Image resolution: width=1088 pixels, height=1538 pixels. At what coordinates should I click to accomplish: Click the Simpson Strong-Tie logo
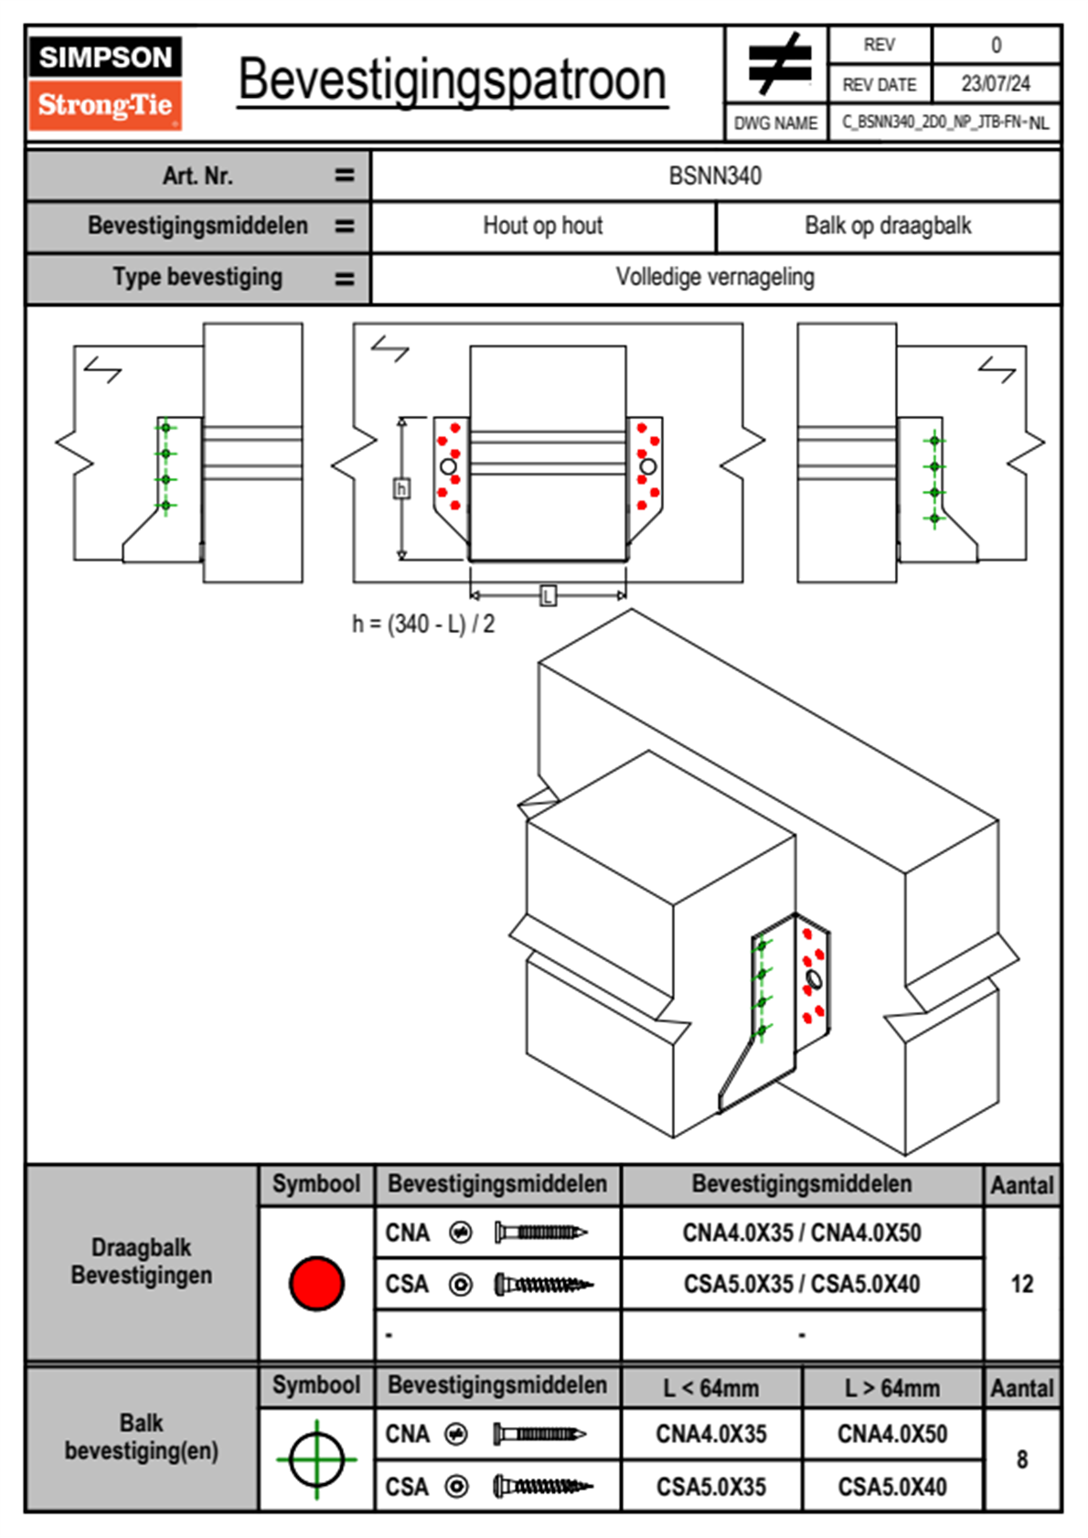pyautogui.click(x=105, y=83)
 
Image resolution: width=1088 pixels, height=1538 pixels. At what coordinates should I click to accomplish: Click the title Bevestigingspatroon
pyautogui.click(x=452, y=80)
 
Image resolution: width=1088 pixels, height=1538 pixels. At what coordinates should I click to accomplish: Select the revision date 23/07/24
pyautogui.click(x=995, y=84)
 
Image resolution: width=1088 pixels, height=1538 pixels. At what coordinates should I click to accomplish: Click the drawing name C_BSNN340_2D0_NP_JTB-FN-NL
pyautogui.click(x=944, y=123)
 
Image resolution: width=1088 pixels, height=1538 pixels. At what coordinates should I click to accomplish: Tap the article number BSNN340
pyautogui.click(x=715, y=176)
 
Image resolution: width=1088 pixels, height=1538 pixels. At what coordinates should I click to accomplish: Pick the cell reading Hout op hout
pyautogui.click(x=543, y=226)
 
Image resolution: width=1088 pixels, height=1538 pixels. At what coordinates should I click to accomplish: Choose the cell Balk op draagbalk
pyautogui.click(x=888, y=226)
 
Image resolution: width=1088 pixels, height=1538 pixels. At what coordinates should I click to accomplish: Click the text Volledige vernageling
pyautogui.click(x=715, y=277)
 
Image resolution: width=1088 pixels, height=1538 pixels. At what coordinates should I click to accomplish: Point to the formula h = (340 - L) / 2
pyautogui.click(x=423, y=624)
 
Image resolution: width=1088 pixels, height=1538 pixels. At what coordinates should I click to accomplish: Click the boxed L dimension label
pyautogui.click(x=548, y=596)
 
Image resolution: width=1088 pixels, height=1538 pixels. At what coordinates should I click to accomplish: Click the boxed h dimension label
pyautogui.click(x=401, y=488)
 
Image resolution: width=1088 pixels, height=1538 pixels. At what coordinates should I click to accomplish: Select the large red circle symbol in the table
pyautogui.click(x=316, y=1283)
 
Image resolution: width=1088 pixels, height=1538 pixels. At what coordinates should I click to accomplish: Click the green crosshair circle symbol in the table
pyautogui.click(x=316, y=1459)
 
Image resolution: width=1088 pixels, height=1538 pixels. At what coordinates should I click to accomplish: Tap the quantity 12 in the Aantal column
pyautogui.click(x=1022, y=1284)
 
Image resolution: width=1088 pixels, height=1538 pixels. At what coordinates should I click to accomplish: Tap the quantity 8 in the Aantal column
pyautogui.click(x=1022, y=1459)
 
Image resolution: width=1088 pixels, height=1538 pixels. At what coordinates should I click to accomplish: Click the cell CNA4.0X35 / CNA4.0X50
pyautogui.click(x=802, y=1233)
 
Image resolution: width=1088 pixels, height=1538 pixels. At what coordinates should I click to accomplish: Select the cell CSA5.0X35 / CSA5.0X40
pyautogui.click(x=802, y=1284)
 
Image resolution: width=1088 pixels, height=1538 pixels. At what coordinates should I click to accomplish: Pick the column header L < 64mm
pyautogui.click(x=711, y=1388)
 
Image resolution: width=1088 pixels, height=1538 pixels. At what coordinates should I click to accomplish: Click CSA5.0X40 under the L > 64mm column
pyautogui.click(x=892, y=1487)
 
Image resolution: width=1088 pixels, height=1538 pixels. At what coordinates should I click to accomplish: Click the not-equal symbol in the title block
pyautogui.click(x=778, y=64)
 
